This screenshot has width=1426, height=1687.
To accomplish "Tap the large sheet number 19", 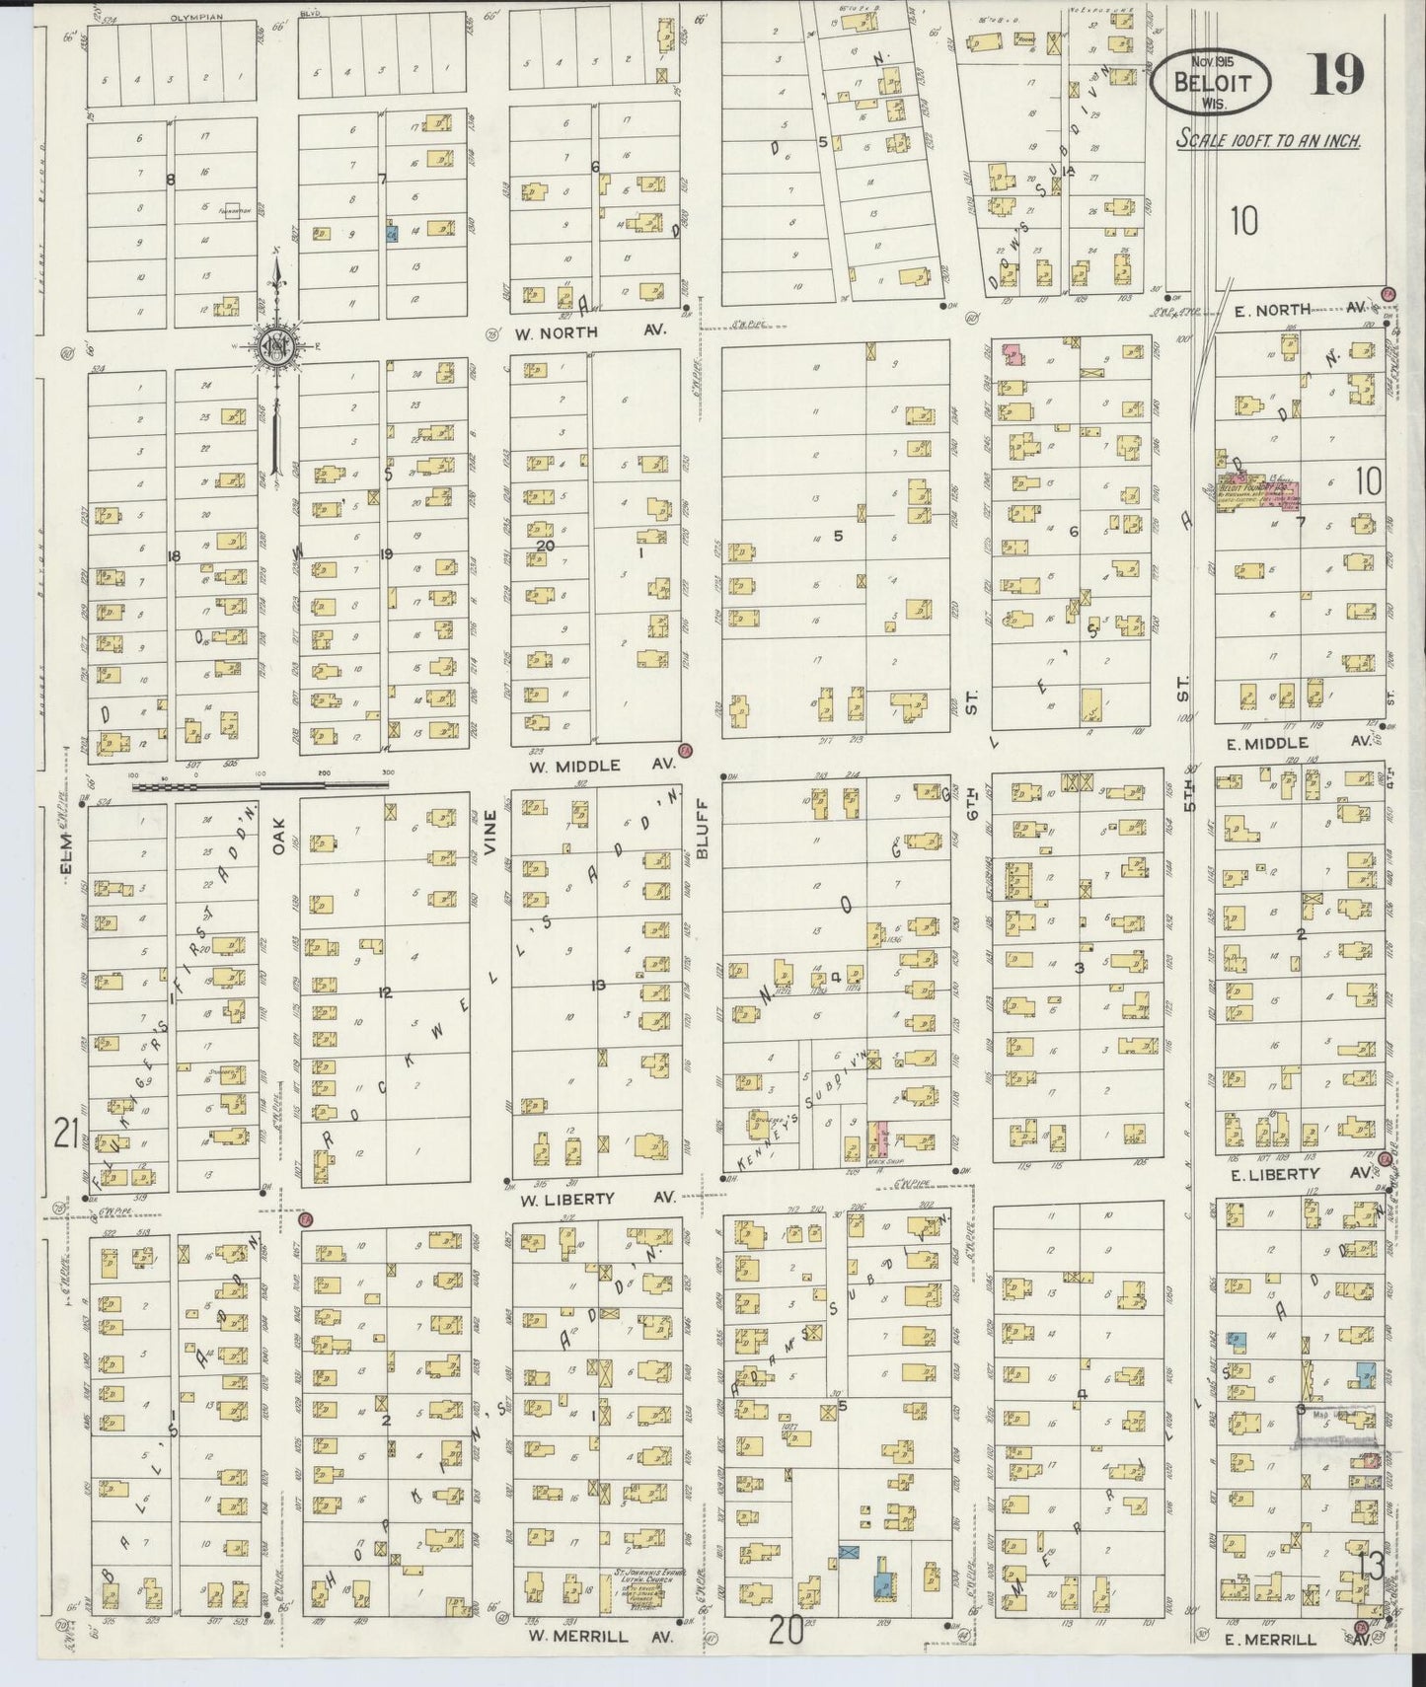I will click(x=1337, y=75).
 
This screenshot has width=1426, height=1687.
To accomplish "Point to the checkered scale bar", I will click(x=260, y=786).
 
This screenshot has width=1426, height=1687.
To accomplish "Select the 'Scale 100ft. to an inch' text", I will click(x=1269, y=140).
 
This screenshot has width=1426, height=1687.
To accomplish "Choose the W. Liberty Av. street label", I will click(x=596, y=1198).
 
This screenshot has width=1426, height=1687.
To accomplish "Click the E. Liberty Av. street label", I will click(x=1296, y=1174).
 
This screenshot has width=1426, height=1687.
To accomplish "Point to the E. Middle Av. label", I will click(x=1297, y=743).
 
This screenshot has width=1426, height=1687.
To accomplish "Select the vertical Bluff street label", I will click(x=703, y=836).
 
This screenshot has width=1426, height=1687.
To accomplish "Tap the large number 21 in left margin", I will click(x=66, y=1136).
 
